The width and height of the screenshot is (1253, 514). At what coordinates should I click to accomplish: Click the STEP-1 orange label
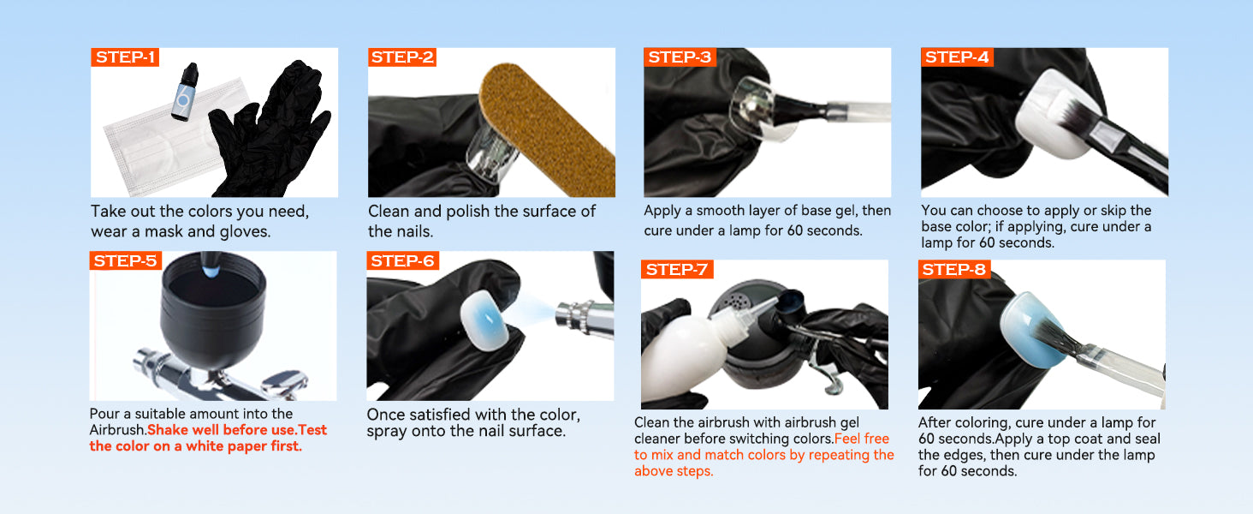point(125,57)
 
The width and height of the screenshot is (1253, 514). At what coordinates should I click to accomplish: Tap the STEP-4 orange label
point(957,57)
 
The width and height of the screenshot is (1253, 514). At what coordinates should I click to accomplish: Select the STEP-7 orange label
point(677,269)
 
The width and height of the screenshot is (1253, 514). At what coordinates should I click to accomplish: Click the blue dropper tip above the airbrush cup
point(211,270)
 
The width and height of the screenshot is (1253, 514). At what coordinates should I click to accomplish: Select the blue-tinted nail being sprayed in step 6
point(485,321)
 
